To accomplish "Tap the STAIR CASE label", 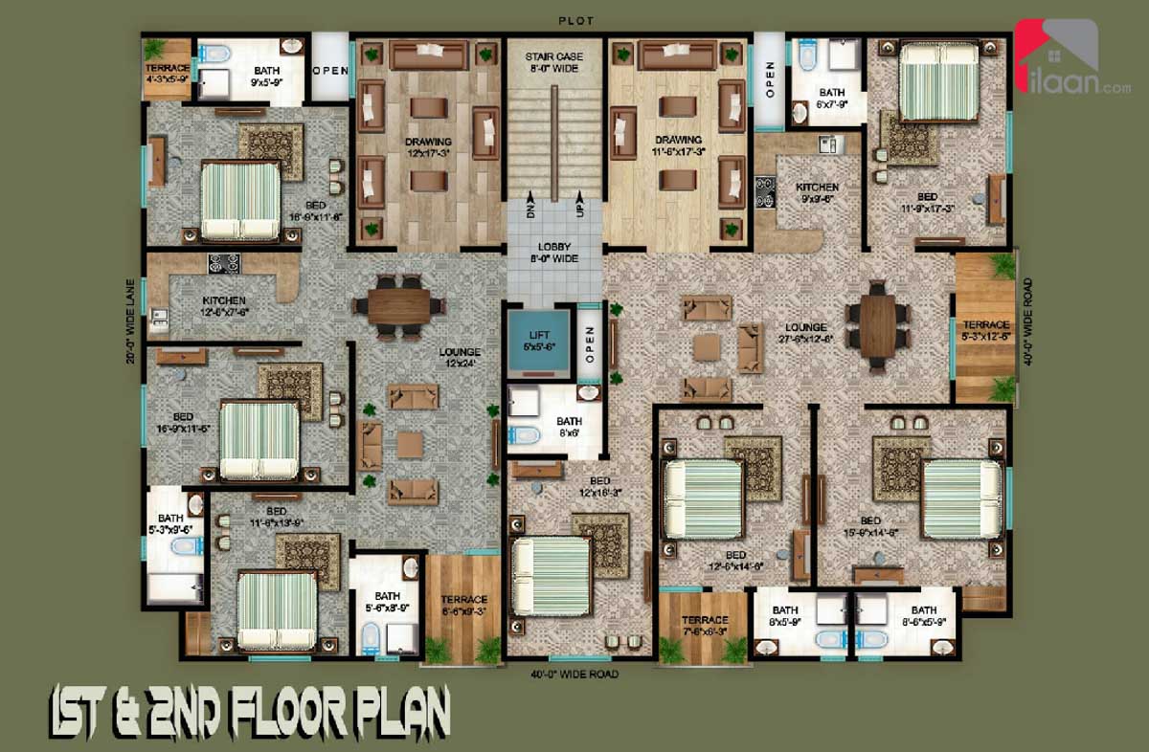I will coord(554,62).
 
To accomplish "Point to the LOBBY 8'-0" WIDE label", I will coord(554,253).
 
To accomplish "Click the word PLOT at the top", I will coord(576,19).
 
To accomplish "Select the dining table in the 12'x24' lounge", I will coord(398,306).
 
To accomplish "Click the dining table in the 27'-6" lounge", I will coord(877,324).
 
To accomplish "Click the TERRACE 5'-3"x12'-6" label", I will coord(985,331).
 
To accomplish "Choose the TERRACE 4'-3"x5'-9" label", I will coord(167,75).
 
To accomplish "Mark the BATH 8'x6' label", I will coord(569,427).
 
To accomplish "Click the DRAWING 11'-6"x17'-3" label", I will coord(678,145).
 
